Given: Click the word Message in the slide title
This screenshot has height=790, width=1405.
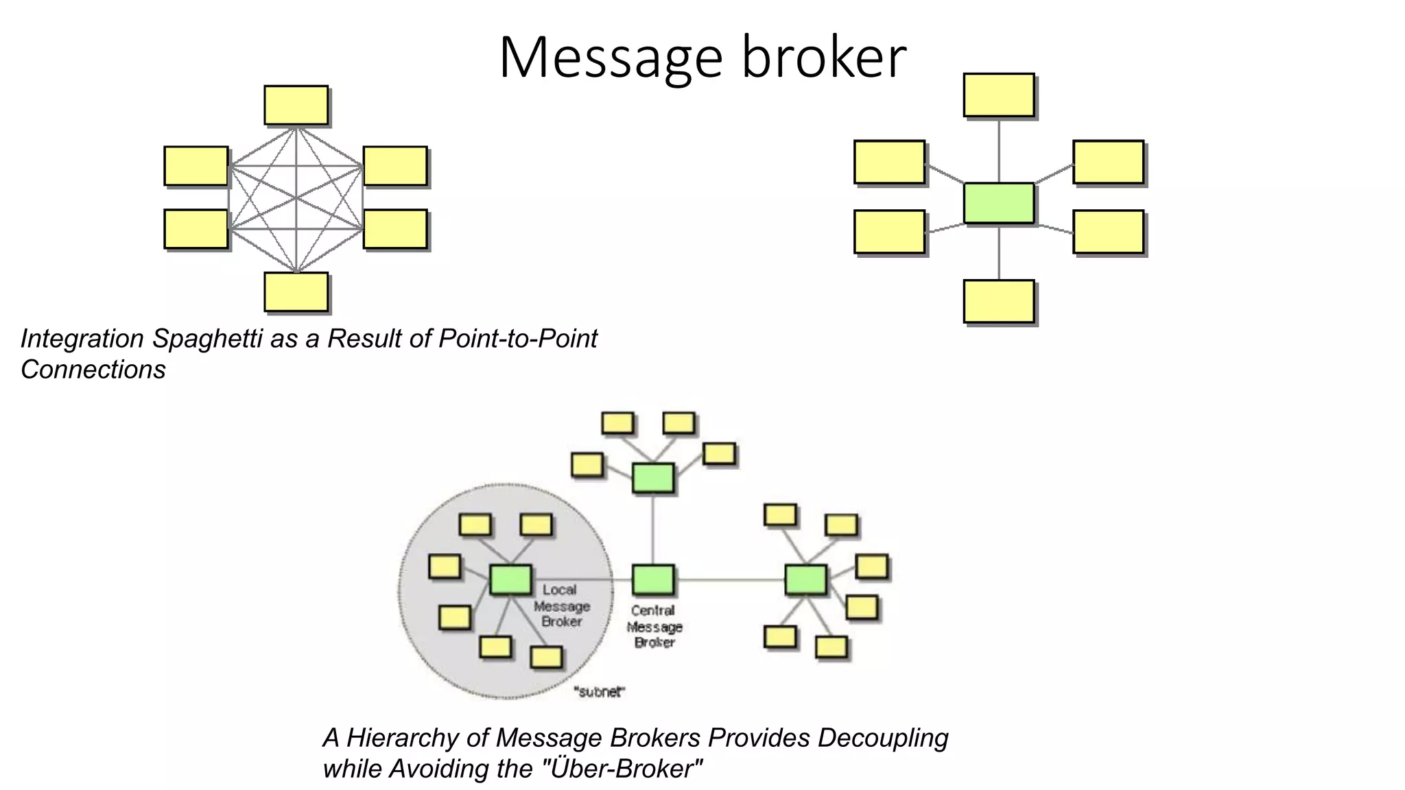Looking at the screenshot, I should (611, 58).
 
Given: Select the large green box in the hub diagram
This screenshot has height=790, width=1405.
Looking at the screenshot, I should (998, 203).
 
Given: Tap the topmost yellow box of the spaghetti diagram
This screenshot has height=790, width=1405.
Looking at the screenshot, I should (296, 105).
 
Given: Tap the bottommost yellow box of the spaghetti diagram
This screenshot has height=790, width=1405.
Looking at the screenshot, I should (296, 291).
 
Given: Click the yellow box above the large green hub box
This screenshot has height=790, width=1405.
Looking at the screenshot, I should (998, 95).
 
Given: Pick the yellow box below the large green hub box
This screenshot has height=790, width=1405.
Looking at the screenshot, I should (998, 301).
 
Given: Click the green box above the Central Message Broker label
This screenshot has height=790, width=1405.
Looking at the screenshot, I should (652, 580).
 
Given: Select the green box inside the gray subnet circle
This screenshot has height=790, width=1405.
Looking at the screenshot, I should (510, 580).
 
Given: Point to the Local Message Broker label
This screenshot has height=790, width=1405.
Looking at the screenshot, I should (561, 606).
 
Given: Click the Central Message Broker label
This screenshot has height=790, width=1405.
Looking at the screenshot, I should (654, 627).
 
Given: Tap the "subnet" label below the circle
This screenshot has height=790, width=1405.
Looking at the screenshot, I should (599, 692).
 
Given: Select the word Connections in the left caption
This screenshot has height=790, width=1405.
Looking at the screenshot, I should (93, 370).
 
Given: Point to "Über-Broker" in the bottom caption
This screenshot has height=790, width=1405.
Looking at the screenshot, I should (623, 769).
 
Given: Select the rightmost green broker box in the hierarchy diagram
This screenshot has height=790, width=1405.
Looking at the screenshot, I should (805, 580).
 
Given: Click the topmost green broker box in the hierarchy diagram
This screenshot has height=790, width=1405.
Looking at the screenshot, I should (652, 478).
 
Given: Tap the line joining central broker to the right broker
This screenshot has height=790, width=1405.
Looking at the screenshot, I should (730, 580).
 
